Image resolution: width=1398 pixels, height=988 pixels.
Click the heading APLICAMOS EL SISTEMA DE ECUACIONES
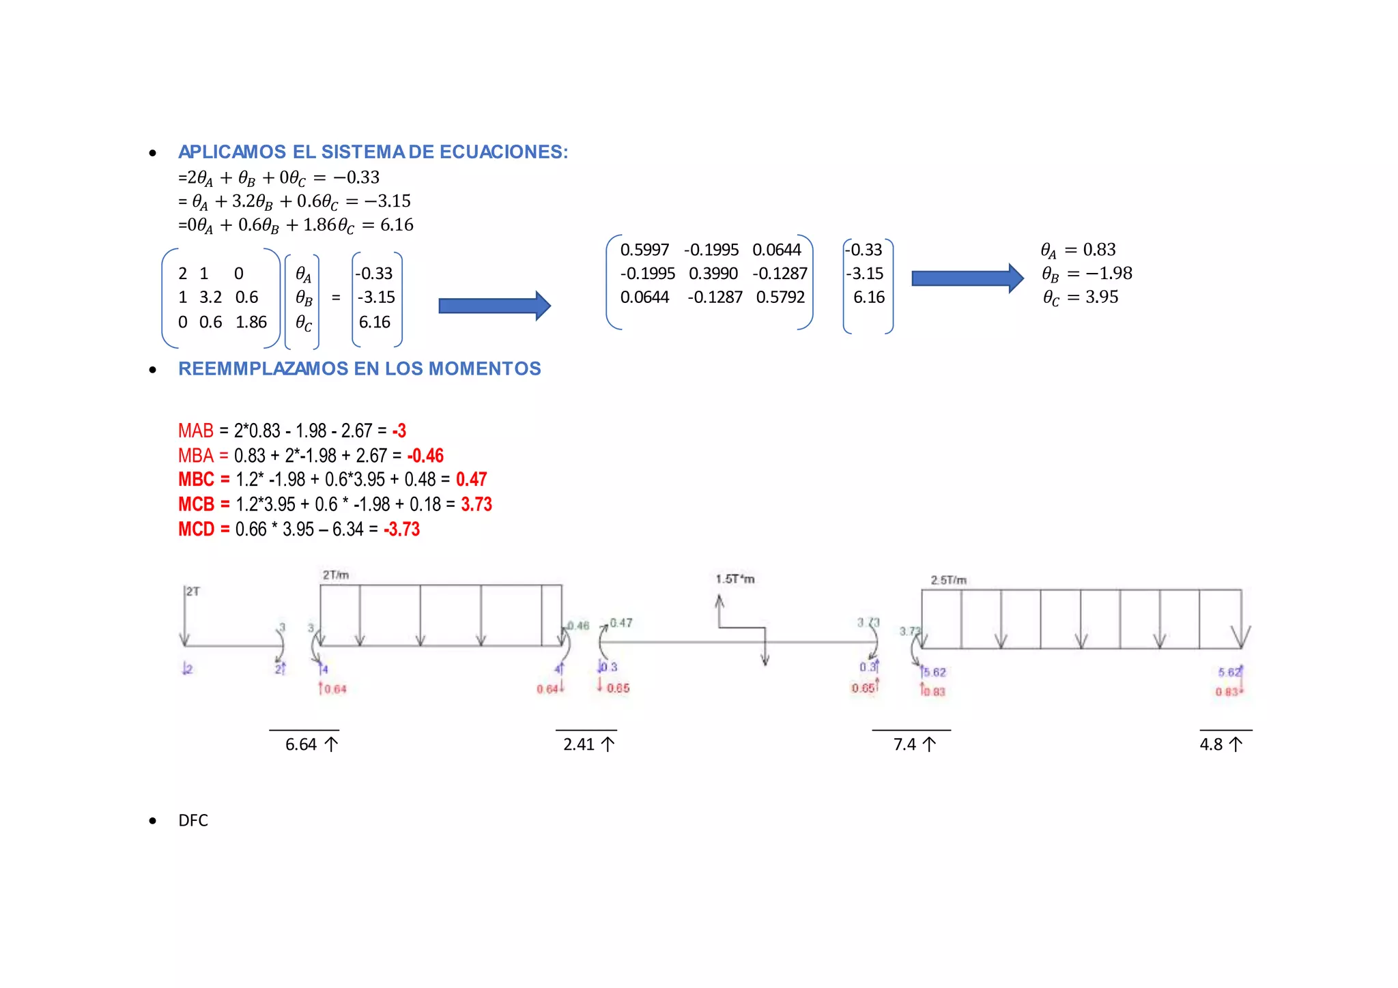(x=373, y=151)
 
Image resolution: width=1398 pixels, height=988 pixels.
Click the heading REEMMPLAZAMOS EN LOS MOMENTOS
(x=359, y=368)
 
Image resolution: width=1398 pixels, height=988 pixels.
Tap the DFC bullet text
(x=193, y=820)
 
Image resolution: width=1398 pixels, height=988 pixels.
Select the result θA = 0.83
(x=1078, y=250)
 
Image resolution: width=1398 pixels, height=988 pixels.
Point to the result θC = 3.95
(x=1080, y=297)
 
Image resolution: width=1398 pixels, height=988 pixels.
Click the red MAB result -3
(x=399, y=431)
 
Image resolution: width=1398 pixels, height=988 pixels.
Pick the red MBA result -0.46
(x=425, y=455)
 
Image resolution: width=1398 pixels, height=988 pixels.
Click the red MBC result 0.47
(x=471, y=479)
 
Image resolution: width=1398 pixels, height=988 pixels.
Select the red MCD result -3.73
(x=401, y=529)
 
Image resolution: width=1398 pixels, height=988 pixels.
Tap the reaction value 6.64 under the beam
(x=301, y=744)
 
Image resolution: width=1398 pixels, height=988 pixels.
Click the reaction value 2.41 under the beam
(x=579, y=744)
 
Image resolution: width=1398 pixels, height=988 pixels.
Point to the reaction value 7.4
(x=904, y=744)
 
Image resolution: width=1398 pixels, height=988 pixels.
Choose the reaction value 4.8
(x=1211, y=744)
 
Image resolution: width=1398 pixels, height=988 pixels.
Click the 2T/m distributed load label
(x=336, y=575)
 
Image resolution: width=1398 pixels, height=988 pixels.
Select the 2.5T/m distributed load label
(x=948, y=580)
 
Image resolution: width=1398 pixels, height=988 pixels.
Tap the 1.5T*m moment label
(x=734, y=579)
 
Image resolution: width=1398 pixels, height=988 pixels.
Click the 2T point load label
(x=193, y=591)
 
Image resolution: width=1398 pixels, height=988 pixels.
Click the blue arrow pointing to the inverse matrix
(x=494, y=306)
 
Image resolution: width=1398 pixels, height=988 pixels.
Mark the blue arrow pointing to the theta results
(x=967, y=278)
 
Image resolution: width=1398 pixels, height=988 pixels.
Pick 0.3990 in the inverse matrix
(x=713, y=274)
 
